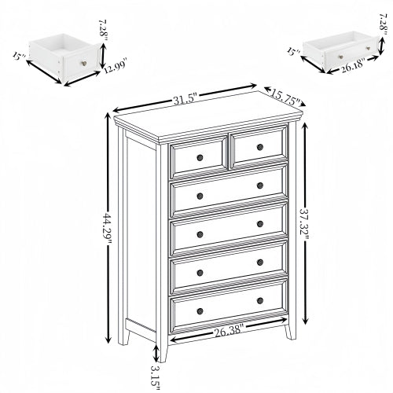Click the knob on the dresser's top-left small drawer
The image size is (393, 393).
pos(200,158)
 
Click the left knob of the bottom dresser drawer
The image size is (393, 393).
pos(200,312)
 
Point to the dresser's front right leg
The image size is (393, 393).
pos(291,329)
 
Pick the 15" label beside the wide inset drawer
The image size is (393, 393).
pos(292,53)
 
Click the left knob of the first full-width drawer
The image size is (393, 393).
pos(200,196)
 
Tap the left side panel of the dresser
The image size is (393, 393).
pos(140,236)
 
